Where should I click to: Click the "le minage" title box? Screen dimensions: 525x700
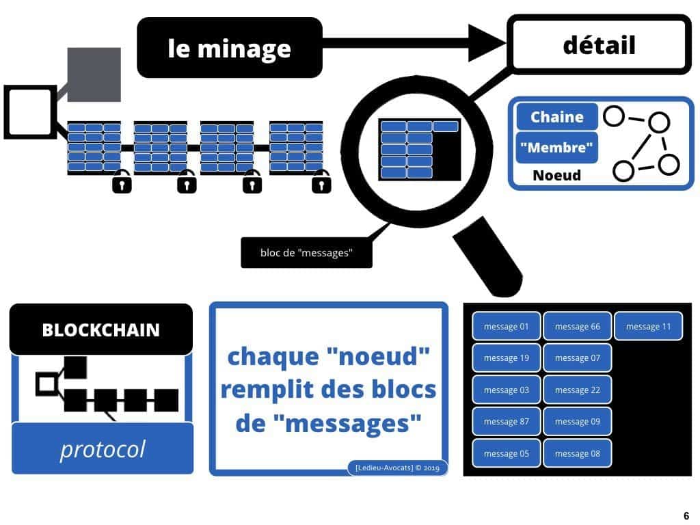click(229, 48)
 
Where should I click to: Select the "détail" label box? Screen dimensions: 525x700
click(599, 45)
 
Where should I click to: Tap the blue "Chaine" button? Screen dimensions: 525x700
click(556, 117)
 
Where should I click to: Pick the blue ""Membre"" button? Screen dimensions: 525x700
click(556, 147)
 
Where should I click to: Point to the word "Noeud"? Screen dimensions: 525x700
click(556, 176)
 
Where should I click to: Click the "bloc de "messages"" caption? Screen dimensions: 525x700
click(306, 253)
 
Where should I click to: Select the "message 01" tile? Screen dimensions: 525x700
click(506, 326)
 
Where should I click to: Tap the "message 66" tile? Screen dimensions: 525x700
click(577, 326)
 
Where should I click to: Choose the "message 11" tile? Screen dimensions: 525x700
click(648, 326)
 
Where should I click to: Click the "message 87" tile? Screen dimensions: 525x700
click(506, 422)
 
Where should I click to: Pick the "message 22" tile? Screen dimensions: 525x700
click(577, 390)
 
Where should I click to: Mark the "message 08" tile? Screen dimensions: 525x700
click(577, 453)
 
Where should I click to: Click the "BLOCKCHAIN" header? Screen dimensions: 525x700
click(100, 330)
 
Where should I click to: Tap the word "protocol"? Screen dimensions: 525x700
click(103, 449)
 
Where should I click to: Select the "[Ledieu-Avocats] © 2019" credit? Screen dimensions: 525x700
click(397, 468)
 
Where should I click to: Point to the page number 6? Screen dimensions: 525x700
click(686, 516)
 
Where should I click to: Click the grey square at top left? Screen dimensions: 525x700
click(94, 75)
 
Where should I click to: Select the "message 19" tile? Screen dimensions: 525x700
click(506, 358)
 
